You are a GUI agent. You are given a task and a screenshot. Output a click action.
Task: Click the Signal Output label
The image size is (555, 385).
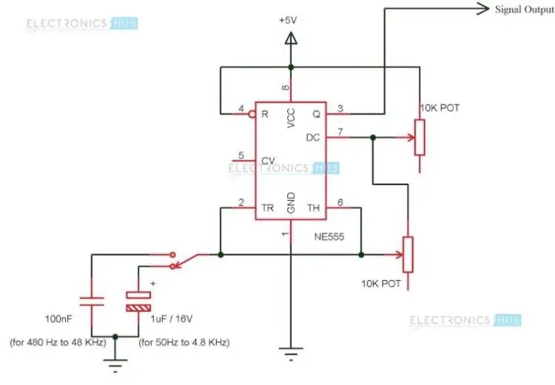click(x=525, y=10)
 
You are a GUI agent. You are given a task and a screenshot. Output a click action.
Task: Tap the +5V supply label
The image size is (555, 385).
click(x=288, y=21)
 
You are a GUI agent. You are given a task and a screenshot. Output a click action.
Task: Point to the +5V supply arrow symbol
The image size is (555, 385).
click(x=291, y=38)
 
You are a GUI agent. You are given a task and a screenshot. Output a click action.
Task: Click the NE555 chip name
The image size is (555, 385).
click(x=329, y=236)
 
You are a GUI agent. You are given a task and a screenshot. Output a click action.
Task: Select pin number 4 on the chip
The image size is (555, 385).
click(x=241, y=109)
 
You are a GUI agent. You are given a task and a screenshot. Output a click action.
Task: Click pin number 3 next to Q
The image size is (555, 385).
click(x=340, y=109)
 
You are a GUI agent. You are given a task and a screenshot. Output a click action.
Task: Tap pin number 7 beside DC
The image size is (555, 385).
click(x=340, y=132)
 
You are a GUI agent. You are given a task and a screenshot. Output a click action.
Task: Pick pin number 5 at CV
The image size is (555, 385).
click(x=241, y=155)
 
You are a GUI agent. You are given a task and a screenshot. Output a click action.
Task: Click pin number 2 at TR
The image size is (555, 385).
click(x=241, y=202)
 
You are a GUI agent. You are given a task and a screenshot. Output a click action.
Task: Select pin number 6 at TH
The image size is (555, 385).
click(x=340, y=202)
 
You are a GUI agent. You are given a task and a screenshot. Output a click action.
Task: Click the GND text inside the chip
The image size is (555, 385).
click(x=291, y=203)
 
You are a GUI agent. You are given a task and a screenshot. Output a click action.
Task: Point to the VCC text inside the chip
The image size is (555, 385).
click(x=291, y=118)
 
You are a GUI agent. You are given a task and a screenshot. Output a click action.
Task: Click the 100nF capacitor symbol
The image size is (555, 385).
click(x=92, y=301)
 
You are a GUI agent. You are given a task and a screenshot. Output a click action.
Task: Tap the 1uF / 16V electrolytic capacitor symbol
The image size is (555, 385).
click(x=138, y=301)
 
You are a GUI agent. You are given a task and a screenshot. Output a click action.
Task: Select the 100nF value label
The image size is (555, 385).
click(x=58, y=319)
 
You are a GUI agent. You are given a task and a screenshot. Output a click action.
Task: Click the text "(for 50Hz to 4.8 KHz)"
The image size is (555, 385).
click(x=184, y=342)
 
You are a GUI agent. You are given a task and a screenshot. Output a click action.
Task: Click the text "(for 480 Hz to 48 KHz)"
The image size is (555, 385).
click(x=58, y=342)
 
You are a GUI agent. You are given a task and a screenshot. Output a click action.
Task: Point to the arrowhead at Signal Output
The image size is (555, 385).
click(x=482, y=9)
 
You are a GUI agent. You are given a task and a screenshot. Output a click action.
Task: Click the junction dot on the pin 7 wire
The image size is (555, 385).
click(x=373, y=137)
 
